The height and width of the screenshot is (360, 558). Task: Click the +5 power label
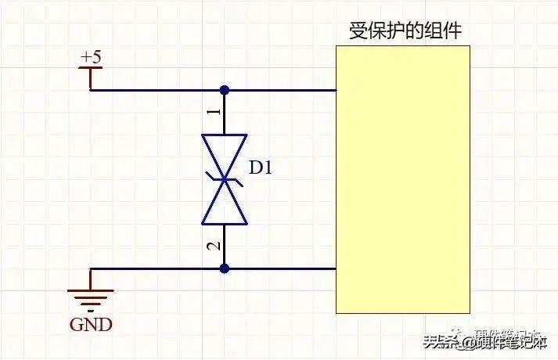coord(91,57)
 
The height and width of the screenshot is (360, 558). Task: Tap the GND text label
coord(92,324)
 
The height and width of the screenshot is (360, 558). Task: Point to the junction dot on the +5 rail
coord(225,90)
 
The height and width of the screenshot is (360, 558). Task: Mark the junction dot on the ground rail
coord(225,269)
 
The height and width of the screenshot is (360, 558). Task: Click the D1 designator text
coord(261,167)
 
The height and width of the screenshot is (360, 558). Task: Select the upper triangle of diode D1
coord(225,157)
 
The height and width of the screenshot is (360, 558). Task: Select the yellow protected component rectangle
coord(403,179)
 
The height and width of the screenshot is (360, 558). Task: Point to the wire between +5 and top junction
coord(157,90)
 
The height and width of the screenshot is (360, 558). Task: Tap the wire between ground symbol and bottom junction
coord(157,269)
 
